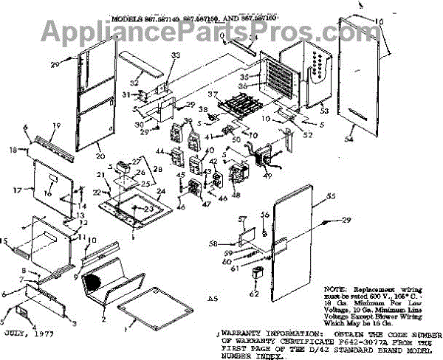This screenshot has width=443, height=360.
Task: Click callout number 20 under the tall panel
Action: [100, 156]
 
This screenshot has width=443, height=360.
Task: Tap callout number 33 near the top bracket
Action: [174, 55]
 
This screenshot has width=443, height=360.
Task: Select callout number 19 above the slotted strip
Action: [54, 126]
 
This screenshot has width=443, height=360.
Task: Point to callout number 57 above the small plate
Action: [241, 220]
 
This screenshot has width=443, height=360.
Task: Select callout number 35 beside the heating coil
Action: [244, 77]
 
